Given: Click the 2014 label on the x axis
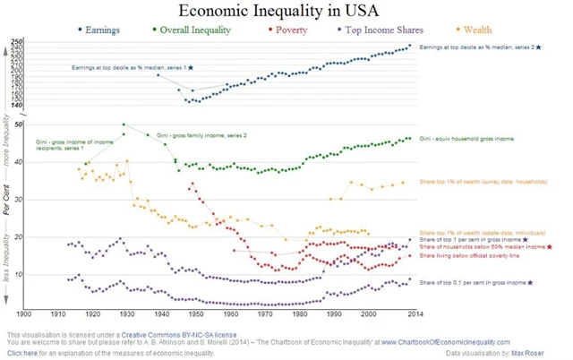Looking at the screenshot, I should [x=412, y=313].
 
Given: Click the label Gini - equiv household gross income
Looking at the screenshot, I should [x=466, y=140].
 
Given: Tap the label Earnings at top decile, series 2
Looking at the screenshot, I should [x=480, y=46].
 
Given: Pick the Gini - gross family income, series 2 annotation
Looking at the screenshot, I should [x=201, y=135].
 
